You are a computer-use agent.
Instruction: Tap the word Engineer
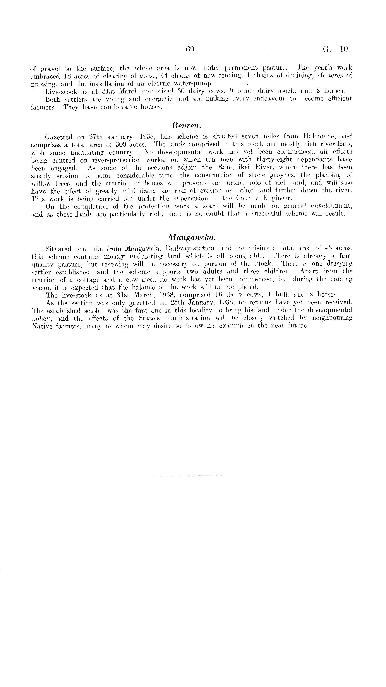pos(277,198)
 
